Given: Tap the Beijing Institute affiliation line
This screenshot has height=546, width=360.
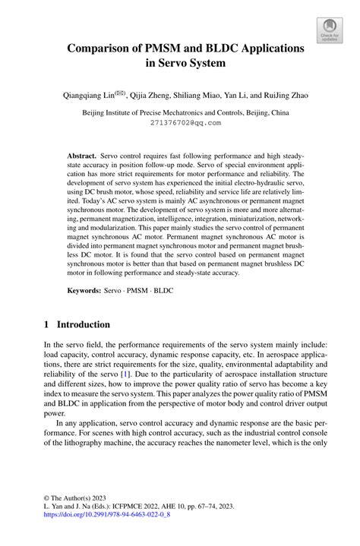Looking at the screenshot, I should point(186,112).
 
